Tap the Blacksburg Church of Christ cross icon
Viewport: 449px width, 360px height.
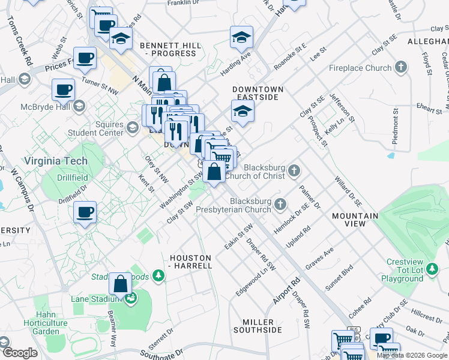coord(294,170)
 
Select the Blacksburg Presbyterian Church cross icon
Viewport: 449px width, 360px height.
coord(280,206)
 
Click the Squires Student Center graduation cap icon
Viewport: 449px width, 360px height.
coord(133,127)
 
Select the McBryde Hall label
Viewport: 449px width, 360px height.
coord(43,107)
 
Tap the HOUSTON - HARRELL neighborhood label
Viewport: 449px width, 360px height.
coord(191,261)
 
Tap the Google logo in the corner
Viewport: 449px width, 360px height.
coord(20,353)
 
